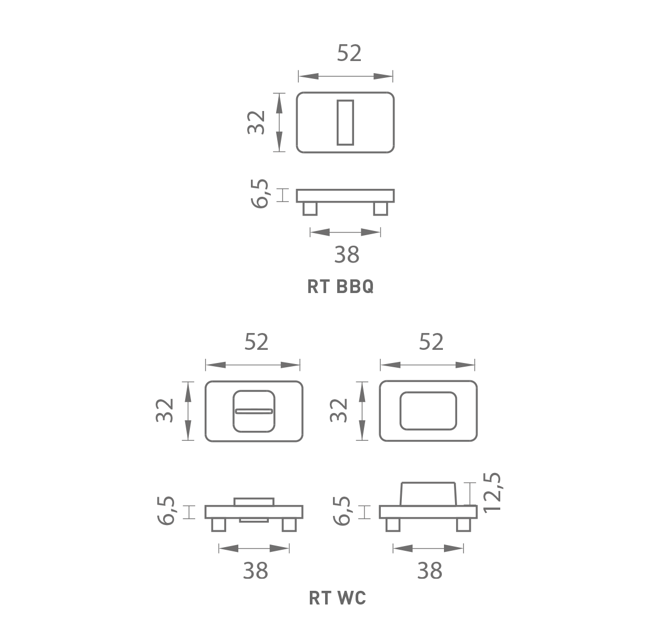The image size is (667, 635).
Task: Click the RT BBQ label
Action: coord(340,286)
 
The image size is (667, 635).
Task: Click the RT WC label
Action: coord(338,598)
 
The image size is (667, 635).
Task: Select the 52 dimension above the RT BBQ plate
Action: coord(349,53)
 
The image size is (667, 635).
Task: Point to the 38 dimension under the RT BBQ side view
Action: coord(347,255)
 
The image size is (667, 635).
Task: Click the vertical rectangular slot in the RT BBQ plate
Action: coord(346,123)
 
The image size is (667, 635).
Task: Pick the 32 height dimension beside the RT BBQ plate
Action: coord(256,123)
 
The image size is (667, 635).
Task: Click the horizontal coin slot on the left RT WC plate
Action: coord(254,411)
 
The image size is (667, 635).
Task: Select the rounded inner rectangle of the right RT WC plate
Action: coord(429,411)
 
